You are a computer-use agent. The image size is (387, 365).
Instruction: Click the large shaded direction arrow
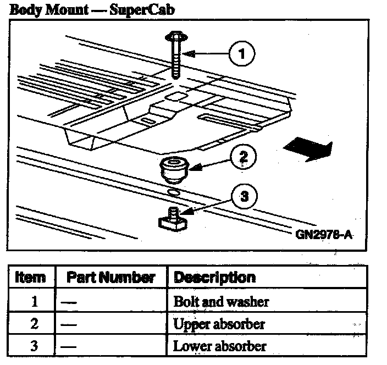tap(308, 148)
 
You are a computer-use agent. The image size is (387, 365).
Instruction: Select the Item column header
tap(31, 278)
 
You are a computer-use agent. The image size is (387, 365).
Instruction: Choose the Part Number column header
tap(110, 278)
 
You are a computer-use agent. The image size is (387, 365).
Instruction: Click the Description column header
tap(214, 278)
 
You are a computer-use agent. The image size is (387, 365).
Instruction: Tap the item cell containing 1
tap(34, 301)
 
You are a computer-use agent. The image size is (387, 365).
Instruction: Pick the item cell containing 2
tap(34, 324)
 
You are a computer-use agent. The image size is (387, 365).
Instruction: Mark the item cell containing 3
tap(34, 346)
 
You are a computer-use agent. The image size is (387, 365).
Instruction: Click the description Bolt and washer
tap(221, 301)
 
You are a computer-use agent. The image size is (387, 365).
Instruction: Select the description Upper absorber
tap(219, 324)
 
